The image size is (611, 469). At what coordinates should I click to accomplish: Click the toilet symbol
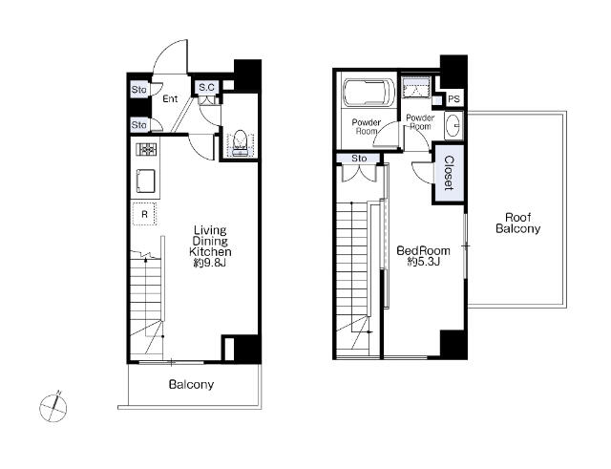pos(240,143)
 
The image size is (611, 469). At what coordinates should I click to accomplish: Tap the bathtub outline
pos(368,93)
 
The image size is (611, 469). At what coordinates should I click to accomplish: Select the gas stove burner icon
pos(146,149)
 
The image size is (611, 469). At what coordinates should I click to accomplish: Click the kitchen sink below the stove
pos(146,181)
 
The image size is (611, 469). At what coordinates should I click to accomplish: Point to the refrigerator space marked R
pos(144,214)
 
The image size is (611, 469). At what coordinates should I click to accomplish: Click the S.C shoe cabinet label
pos(206,87)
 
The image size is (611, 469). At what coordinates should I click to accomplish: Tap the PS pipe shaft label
pos(453,99)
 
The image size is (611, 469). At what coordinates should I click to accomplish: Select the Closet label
pos(449,173)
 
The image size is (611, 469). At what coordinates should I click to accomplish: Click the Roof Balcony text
pos(517,223)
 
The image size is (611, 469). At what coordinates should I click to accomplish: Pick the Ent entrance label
pos(170,98)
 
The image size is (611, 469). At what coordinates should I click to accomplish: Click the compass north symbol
pos(53,407)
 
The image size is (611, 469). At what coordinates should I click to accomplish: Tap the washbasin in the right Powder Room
pos(453,125)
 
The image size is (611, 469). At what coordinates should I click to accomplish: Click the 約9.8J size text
pos(210,263)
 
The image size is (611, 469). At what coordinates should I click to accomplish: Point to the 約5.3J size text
pos(424,261)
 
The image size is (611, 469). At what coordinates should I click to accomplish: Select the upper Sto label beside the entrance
pos(139,90)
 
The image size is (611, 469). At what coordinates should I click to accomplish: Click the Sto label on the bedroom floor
pos(359,159)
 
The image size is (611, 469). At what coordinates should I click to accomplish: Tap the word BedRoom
pos(423,250)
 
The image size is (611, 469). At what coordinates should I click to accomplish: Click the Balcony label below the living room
pos(191,385)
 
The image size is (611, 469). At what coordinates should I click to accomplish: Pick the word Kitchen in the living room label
pos(210,251)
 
